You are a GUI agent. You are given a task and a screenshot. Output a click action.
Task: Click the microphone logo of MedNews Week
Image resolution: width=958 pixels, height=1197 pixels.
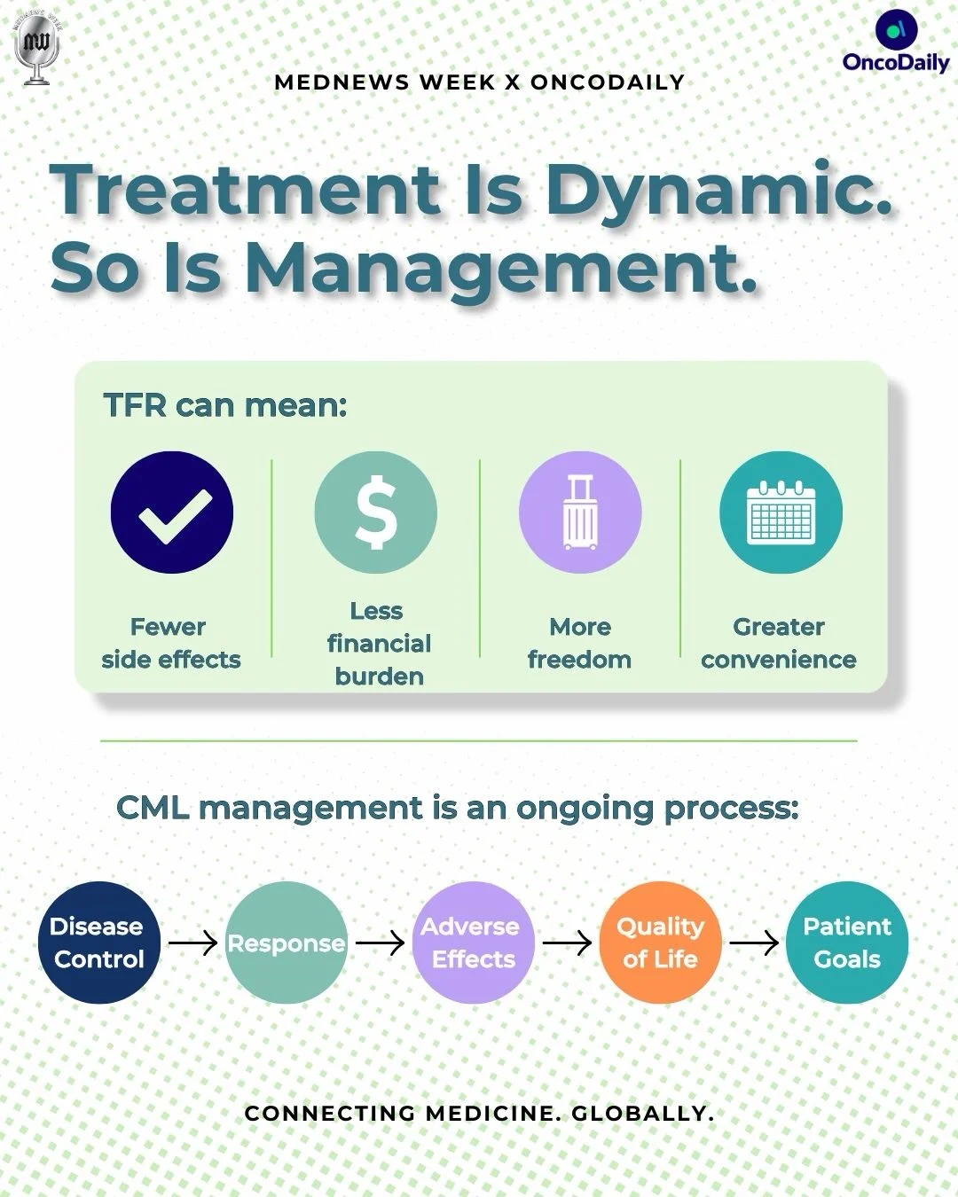click(x=37, y=49)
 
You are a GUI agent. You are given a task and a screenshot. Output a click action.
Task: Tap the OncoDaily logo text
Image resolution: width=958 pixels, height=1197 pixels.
click(x=896, y=62)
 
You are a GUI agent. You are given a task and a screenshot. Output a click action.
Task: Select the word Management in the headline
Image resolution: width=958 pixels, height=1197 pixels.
click(x=501, y=268)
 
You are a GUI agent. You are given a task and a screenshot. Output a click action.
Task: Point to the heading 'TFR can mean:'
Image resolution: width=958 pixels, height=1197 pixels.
click(x=225, y=405)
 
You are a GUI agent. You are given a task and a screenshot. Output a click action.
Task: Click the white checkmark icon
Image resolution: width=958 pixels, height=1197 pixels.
click(x=175, y=516)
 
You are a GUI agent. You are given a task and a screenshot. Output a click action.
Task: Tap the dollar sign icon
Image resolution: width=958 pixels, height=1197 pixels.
click(x=376, y=512)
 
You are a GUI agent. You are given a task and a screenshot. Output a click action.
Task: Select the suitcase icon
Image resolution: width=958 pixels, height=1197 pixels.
click(x=581, y=512)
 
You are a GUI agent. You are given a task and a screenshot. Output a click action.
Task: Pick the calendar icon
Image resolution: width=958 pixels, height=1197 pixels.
click(x=781, y=512)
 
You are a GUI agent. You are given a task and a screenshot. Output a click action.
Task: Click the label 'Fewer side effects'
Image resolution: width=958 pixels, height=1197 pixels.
click(x=171, y=643)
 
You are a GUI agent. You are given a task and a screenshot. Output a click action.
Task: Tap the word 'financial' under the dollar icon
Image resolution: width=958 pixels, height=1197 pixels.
click(x=379, y=644)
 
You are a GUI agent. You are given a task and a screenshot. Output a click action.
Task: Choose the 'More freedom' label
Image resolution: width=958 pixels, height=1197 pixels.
click(x=579, y=643)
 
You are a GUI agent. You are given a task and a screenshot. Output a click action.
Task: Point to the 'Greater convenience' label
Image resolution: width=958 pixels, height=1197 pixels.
click(x=779, y=643)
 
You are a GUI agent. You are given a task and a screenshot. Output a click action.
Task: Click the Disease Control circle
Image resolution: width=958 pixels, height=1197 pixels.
click(x=99, y=943)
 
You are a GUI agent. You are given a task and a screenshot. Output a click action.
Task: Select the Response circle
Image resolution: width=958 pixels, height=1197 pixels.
click(x=287, y=943)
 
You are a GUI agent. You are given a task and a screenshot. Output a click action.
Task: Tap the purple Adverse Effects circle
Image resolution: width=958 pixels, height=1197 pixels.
click(x=473, y=943)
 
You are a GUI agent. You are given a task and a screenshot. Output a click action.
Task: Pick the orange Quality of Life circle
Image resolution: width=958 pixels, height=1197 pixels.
click(x=660, y=943)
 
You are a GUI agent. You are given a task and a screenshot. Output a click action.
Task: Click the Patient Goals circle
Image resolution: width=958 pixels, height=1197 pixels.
click(x=847, y=943)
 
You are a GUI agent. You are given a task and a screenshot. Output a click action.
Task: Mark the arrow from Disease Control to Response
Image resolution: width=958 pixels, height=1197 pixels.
click(x=193, y=943)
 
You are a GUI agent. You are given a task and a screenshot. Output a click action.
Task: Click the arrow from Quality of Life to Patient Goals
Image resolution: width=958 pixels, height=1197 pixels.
click(x=754, y=943)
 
